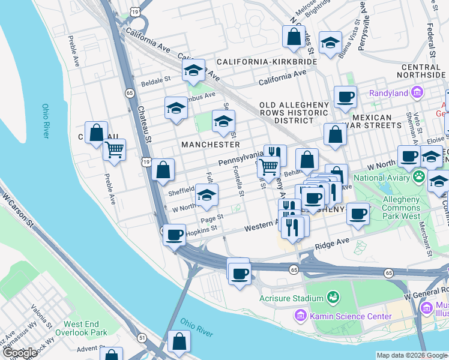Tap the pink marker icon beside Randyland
click(417, 92)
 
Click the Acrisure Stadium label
click(291, 298)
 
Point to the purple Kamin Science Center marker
click(300, 315)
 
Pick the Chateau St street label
click(142, 123)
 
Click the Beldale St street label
click(155, 78)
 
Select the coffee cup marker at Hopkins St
click(175, 235)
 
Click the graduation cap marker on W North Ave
click(206, 195)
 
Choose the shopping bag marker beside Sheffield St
click(163, 170)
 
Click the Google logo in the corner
click(19, 353)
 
